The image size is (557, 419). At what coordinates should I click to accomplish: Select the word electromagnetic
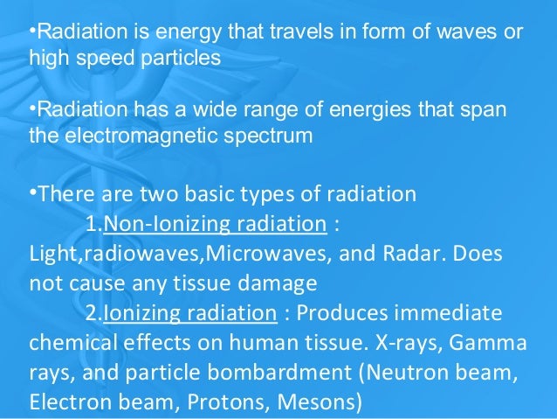[136, 137]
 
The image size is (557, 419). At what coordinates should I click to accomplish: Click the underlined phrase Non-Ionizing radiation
[215, 224]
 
